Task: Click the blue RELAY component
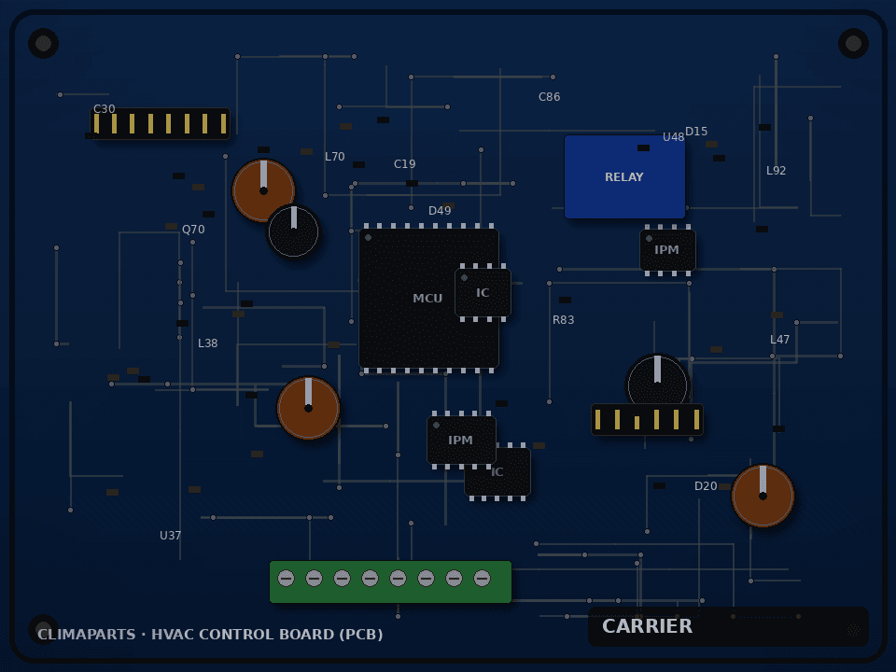pos(624,176)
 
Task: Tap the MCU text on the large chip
pos(427,299)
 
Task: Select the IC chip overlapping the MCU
pos(483,292)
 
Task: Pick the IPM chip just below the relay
pos(667,250)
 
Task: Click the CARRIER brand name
pos(647,626)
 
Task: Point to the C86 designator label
pos(549,97)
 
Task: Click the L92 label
pos(776,170)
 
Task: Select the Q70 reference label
pos(193,230)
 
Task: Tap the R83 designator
pos(563,320)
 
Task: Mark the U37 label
pos(170,536)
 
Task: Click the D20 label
pos(706,486)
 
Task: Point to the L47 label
pos(779,340)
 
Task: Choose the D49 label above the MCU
pos(440,211)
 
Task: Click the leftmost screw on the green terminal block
pos(287,579)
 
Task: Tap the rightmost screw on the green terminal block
pos(482,579)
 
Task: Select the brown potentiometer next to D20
pos(763,496)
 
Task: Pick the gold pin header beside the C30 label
pos(160,123)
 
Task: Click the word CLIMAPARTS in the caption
pos(86,635)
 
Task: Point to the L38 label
pos(207,343)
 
